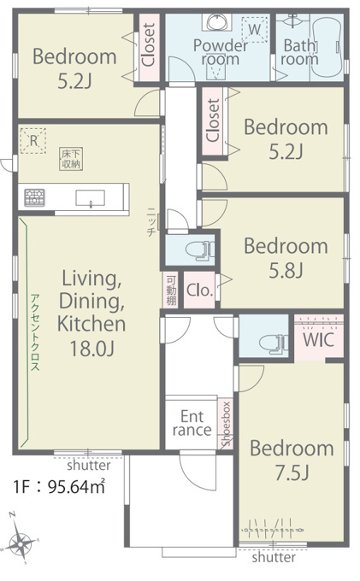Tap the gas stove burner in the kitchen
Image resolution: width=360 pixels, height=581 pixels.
[34, 197]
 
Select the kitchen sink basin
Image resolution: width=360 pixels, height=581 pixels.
[90, 198]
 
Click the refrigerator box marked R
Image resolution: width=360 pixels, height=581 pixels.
[33, 140]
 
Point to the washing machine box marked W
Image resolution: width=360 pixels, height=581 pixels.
[254, 29]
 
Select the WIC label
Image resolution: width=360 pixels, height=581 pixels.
[319, 339]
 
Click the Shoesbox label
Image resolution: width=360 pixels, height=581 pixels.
[226, 424]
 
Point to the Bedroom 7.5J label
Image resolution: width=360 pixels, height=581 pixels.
[292, 461]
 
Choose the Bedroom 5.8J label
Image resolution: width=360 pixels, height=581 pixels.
[286, 258]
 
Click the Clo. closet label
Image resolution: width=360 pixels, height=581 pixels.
[200, 290]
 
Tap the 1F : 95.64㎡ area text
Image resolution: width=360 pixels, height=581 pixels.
[59, 486]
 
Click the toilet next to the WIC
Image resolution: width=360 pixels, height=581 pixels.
[274, 343]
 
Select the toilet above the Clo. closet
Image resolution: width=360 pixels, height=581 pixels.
[200, 249]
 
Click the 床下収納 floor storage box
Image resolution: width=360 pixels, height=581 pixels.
[71, 159]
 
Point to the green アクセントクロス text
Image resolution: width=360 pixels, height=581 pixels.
[34, 332]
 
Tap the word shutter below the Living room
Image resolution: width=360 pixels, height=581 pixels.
[89, 465]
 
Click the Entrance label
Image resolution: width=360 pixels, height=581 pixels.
[192, 423]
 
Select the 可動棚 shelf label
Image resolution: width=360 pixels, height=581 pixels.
[171, 290]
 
